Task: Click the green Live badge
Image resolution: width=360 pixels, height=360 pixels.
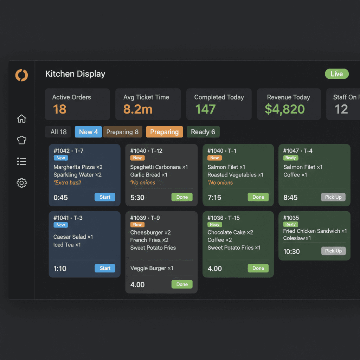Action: click(336, 74)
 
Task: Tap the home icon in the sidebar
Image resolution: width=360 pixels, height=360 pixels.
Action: click(22, 119)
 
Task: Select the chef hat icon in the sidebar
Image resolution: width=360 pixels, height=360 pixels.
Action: click(22, 140)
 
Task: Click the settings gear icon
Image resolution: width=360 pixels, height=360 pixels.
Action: click(22, 183)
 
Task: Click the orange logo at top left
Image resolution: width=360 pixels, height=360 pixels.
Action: click(21, 75)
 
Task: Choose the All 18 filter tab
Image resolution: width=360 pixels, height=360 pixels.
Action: click(58, 132)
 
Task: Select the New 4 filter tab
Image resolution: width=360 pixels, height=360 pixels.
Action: click(88, 132)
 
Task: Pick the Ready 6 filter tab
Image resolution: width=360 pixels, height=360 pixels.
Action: click(203, 132)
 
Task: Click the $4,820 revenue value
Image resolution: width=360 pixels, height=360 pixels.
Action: click(285, 109)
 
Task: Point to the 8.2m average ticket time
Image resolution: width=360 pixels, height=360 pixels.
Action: click(138, 109)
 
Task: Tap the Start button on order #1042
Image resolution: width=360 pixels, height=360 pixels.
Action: click(105, 197)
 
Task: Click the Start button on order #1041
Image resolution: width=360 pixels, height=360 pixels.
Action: click(105, 268)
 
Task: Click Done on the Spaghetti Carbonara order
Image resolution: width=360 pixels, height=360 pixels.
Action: click(182, 197)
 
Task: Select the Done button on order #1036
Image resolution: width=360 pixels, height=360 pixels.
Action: click(258, 268)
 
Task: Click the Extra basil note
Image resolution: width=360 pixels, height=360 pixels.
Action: click(67, 182)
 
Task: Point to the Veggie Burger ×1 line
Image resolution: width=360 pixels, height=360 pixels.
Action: click(152, 268)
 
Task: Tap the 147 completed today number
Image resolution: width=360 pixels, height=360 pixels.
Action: click(205, 109)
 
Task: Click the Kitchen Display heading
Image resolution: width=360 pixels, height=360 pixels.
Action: click(75, 74)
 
